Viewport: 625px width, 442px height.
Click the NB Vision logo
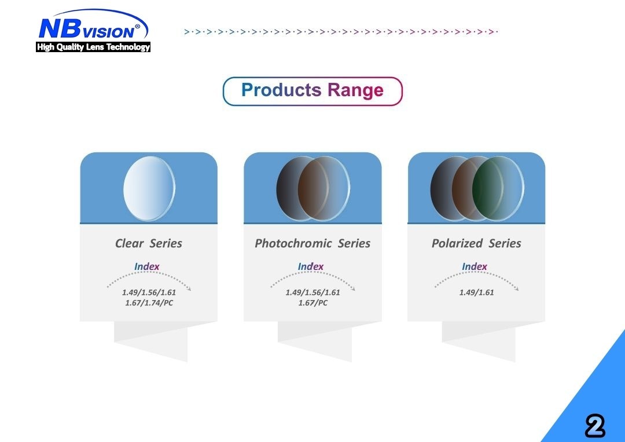(x=91, y=27)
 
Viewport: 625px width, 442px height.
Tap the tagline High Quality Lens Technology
(x=93, y=48)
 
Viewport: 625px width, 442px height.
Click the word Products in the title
(x=281, y=90)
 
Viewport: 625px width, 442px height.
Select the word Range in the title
(x=355, y=90)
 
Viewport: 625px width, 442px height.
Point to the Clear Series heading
(x=149, y=243)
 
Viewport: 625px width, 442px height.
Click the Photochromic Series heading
(x=312, y=243)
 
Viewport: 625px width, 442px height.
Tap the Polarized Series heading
(x=476, y=243)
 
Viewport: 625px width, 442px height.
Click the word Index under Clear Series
(x=147, y=266)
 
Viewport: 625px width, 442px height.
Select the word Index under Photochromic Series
(x=311, y=266)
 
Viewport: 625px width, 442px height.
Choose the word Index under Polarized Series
(x=475, y=266)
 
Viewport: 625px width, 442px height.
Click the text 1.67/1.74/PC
(x=149, y=303)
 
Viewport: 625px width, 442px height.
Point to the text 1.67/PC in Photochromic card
(x=313, y=303)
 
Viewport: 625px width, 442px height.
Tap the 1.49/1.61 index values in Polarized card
(x=477, y=293)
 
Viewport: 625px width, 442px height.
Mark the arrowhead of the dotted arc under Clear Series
(x=189, y=289)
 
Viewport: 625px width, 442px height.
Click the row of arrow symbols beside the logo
(x=341, y=31)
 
